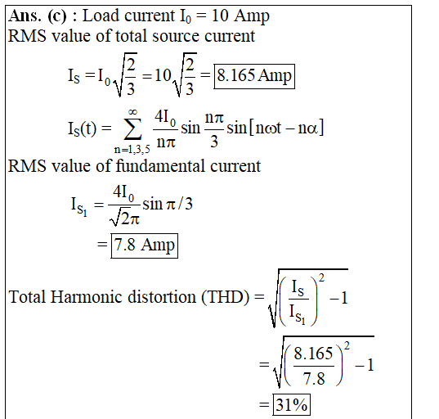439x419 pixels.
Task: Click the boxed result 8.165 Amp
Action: pyautogui.click(x=254, y=76)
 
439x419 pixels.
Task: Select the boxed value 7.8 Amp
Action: pyautogui.click(x=144, y=246)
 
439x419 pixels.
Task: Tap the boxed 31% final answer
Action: pyautogui.click(x=292, y=404)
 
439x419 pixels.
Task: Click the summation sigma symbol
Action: pyautogui.click(x=132, y=128)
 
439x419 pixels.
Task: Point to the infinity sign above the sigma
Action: pyautogui.click(x=132, y=112)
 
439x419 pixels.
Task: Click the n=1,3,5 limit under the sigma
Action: pyautogui.click(x=132, y=150)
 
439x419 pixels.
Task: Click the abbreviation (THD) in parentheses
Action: pyautogui.click(x=225, y=297)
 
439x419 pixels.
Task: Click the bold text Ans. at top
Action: pyautogui.click(x=25, y=16)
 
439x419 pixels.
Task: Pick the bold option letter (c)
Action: pyautogui.click(x=57, y=16)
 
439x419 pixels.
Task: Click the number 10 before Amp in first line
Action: pyautogui.click(x=220, y=16)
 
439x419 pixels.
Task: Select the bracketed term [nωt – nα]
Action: pyautogui.click(x=286, y=128)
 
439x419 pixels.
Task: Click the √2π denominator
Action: pyautogui.click(x=124, y=217)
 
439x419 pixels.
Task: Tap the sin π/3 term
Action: pyautogui.click(x=168, y=204)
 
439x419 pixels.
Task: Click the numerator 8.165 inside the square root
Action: pyautogui.click(x=313, y=354)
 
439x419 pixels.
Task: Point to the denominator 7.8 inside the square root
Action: pyautogui.click(x=314, y=378)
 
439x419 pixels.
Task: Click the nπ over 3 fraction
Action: pyautogui.click(x=214, y=129)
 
